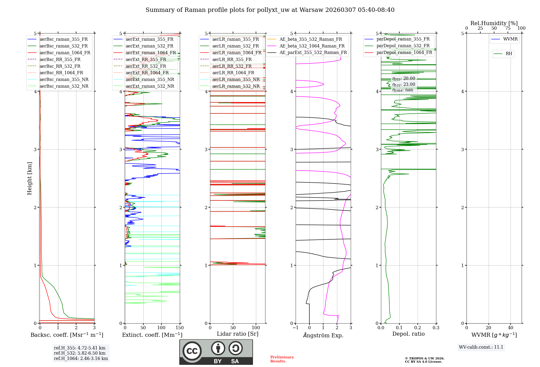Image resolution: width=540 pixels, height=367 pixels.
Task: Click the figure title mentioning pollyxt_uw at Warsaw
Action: point(270,10)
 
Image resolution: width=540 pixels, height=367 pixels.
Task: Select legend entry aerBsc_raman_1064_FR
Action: point(65,53)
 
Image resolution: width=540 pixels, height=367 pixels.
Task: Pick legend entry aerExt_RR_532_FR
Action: point(146,66)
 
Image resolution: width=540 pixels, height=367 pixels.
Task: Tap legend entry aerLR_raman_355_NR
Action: point(236,80)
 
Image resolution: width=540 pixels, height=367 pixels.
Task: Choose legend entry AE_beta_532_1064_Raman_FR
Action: point(312,46)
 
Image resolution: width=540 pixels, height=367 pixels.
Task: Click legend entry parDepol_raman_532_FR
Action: point(403,46)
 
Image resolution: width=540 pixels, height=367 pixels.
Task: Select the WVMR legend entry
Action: point(510,39)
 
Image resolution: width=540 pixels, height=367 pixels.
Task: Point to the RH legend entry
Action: point(509,54)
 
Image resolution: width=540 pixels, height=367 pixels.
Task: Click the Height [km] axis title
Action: point(29,178)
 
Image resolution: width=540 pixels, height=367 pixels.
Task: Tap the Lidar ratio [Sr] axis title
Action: point(238,334)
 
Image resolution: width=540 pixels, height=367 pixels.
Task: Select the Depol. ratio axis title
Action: point(408,334)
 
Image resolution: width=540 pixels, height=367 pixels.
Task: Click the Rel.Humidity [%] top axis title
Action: point(494,23)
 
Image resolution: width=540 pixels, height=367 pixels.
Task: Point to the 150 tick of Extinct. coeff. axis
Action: point(180,328)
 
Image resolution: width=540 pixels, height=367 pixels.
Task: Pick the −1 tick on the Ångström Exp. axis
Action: point(295,328)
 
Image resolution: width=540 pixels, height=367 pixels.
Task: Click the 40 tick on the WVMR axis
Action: point(510,328)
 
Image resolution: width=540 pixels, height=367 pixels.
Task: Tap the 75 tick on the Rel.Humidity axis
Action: point(508,28)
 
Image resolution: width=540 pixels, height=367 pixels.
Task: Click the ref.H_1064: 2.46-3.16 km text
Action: point(81,359)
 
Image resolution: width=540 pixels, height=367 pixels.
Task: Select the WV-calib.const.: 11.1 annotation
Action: point(481,347)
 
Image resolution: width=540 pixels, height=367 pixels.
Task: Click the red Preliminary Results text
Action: point(282,359)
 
